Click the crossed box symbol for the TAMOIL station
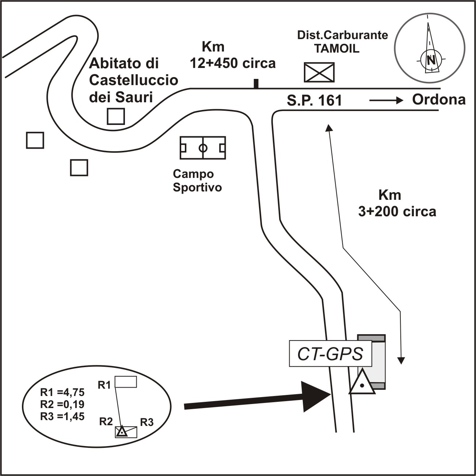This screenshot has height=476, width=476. coord(319,72)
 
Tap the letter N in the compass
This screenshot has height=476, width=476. coord(431,60)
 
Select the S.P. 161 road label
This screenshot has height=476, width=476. coord(314,100)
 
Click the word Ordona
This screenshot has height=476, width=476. coord(439,99)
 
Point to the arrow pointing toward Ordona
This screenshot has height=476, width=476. coord(386,100)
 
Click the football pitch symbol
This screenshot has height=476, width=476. coord(203,148)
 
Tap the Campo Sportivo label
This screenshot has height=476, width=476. coord(197,180)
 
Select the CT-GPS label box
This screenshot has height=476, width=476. coord(330,354)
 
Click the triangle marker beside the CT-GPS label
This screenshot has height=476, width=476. coord(362,384)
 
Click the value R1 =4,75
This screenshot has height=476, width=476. coord(62,392)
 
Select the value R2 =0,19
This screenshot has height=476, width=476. coord(62,404)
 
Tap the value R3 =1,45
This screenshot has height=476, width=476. coord(62,416)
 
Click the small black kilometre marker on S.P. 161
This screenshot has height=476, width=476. coord(256,84)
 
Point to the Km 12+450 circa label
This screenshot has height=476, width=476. coord(232,55)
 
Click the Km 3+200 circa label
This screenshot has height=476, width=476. coord(397,203)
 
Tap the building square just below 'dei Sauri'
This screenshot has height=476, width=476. coord(116,117)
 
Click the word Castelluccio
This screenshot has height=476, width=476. coord(134,80)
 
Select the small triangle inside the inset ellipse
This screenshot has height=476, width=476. coord(122,432)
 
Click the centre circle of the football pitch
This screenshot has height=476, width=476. coord(203,148)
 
